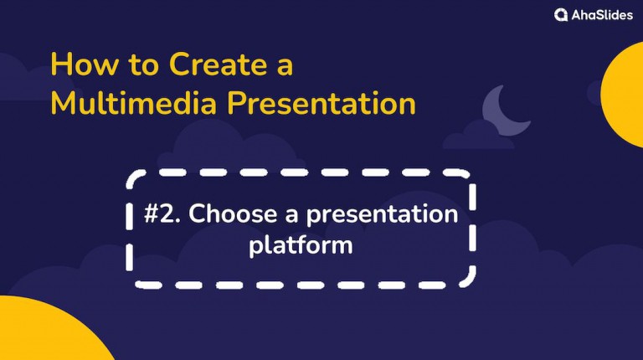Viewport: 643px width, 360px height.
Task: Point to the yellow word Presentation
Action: pyautogui.click(x=321, y=104)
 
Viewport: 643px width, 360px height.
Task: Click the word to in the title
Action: pyautogui.click(x=139, y=64)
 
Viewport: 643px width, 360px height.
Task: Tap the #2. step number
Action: pyautogui.click(x=163, y=214)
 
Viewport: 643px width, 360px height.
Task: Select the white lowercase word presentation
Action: pyautogui.click(x=382, y=215)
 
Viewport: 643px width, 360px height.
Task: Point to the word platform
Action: pyautogui.click(x=301, y=245)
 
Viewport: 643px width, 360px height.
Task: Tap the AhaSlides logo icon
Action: pyautogui.click(x=561, y=15)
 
